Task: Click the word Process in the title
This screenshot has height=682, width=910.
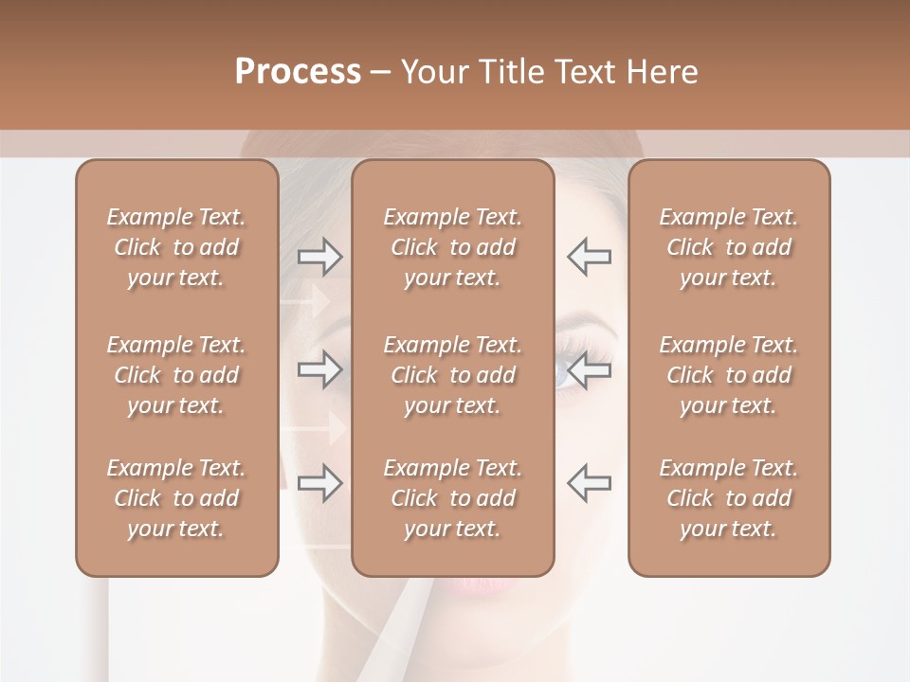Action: tap(298, 72)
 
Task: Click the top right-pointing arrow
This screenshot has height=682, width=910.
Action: tap(320, 257)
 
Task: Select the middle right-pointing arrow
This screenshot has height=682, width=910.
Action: tap(320, 369)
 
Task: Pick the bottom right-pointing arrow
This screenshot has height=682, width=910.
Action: tap(320, 483)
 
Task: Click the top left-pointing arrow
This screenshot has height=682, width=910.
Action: tap(589, 257)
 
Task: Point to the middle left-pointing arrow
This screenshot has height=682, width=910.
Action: tap(589, 369)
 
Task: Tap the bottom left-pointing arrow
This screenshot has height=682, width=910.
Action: tap(589, 483)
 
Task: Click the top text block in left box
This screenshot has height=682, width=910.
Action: tap(176, 247)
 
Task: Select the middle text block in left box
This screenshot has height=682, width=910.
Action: tap(176, 375)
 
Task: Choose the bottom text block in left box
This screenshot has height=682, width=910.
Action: tap(176, 498)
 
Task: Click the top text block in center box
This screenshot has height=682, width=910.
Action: tap(452, 247)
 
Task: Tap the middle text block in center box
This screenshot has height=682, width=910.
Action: tap(452, 375)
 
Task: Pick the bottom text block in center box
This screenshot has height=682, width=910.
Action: tap(452, 498)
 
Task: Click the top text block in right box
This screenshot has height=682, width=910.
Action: tap(728, 247)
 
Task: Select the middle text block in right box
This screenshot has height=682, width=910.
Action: tap(728, 375)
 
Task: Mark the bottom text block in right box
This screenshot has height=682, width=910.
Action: tap(728, 498)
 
